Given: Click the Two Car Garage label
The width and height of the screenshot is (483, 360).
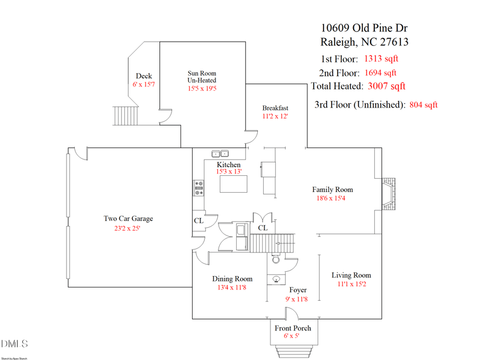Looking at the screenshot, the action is pos(128,219).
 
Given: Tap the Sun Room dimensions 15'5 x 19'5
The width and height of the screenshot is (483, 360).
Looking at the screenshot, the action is pos(202,88).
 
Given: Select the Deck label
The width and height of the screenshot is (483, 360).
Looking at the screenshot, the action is pos(144,76).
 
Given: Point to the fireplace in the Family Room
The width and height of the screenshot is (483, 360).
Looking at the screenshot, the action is pos(389,194).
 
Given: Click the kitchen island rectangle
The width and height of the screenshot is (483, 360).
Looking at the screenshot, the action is pos(234,184).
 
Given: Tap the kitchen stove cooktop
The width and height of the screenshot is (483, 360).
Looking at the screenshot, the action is pos(199,188).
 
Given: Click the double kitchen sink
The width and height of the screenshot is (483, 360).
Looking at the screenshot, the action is pos(220,153).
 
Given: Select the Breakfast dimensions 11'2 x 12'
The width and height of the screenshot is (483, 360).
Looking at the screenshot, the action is pos(275,116).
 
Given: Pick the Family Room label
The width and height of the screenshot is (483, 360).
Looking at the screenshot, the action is pos(333,190).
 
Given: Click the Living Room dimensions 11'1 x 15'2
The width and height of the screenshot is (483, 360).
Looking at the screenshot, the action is pos(352,284).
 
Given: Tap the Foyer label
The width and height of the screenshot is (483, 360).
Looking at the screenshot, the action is pos(298,290).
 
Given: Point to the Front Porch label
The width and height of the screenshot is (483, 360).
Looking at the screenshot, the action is pos(293,328).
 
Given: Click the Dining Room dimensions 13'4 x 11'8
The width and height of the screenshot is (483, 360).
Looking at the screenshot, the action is pos(232,288).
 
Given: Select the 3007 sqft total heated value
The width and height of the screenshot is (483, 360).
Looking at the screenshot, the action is pos(386,86).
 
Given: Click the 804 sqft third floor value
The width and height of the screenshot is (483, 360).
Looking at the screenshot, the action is pos(424,104).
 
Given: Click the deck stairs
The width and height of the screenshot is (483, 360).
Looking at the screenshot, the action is pos(126,116).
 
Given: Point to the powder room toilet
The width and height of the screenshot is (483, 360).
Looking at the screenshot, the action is pos(276,259).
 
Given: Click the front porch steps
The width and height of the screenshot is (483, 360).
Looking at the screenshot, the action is pos(294,352).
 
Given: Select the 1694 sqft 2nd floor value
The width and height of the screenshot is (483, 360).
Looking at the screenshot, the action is pos(380,72).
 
